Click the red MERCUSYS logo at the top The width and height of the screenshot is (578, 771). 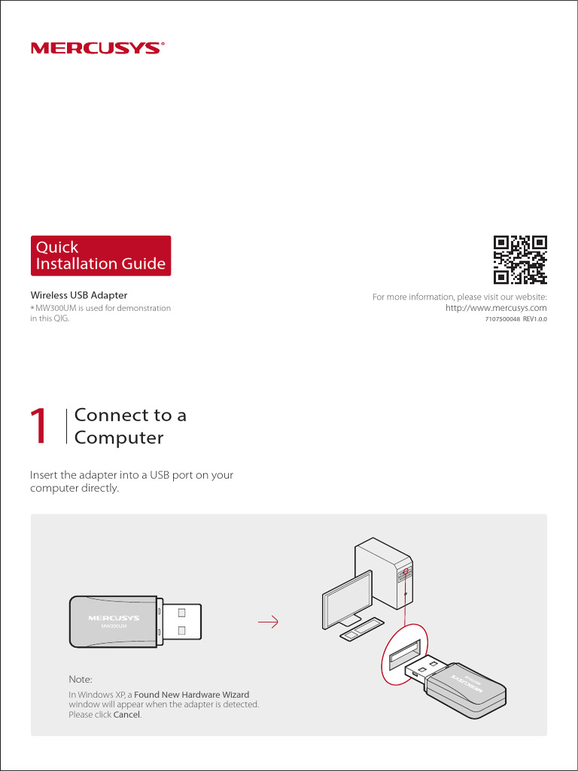point(96,48)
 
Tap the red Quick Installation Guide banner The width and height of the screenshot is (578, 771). point(100,255)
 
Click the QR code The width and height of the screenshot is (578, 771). point(519,260)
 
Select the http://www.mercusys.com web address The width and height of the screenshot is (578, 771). point(496,308)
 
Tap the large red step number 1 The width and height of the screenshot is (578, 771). point(39,427)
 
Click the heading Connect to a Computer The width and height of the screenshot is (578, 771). point(130,426)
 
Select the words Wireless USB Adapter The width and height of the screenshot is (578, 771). point(78,295)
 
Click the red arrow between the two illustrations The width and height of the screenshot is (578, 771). point(268,622)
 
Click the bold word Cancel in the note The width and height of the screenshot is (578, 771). point(126,715)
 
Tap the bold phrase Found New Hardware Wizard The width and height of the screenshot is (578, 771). point(191,694)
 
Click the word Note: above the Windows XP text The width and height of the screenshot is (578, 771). point(81,679)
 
